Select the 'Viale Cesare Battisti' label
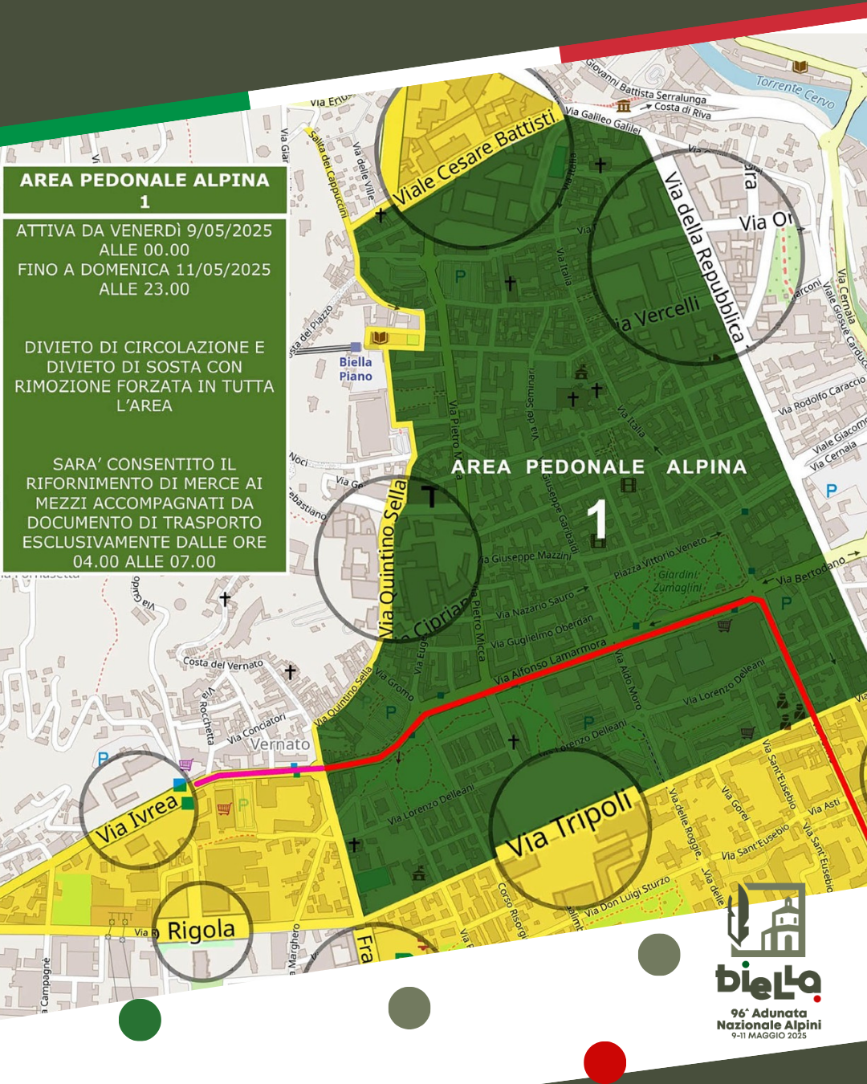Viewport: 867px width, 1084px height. (475, 158)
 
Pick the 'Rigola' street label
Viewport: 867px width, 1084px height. (201, 931)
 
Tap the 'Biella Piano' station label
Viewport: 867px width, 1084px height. (356, 369)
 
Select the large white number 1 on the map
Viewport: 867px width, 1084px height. (596, 520)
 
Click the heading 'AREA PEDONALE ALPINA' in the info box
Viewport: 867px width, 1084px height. (144, 180)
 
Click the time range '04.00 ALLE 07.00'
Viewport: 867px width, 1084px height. (144, 562)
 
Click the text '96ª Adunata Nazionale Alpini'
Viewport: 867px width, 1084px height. (769, 1019)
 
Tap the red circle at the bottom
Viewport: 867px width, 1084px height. (604, 1062)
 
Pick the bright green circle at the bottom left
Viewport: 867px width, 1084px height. (140, 1020)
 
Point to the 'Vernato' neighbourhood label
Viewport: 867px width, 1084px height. (280, 744)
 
